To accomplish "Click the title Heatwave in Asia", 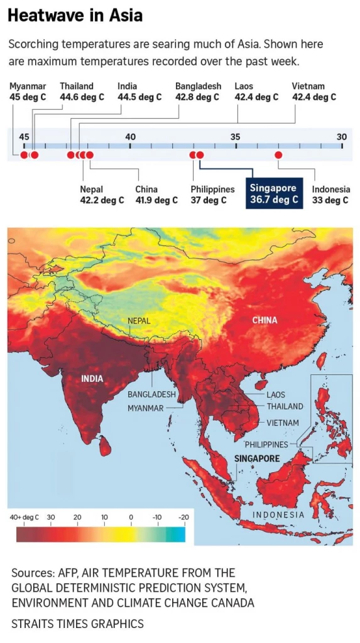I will click(75, 16).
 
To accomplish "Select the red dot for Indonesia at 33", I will click(278, 154).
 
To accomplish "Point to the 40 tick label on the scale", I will click(130, 137).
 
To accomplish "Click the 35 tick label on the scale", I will click(235, 137).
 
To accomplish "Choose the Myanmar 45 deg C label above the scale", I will click(28, 92).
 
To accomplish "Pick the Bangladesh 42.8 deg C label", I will click(197, 92).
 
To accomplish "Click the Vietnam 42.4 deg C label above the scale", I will click(314, 92).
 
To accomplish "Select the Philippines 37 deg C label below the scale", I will click(212, 195).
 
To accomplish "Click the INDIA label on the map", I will click(92, 379).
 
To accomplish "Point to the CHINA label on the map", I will click(265, 320).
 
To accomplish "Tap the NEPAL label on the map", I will click(139, 320).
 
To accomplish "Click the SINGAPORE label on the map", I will click(257, 458).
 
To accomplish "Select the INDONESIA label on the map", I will click(278, 515).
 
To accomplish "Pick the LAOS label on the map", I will click(276, 394).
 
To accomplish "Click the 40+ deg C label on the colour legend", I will click(24, 517).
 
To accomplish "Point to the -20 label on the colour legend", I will click(184, 517).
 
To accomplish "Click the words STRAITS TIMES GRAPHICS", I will click(77, 624).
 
